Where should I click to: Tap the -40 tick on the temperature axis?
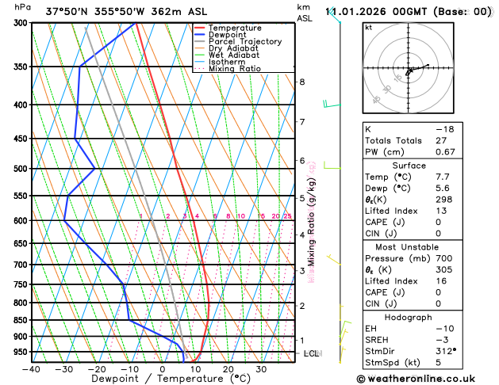(x=31, y=368)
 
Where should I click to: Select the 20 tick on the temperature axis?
(x=228, y=368)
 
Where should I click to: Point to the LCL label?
(x=311, y=353)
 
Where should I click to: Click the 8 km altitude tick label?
(x=302, y=82)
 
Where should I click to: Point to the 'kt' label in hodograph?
(x=368, y=27)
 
